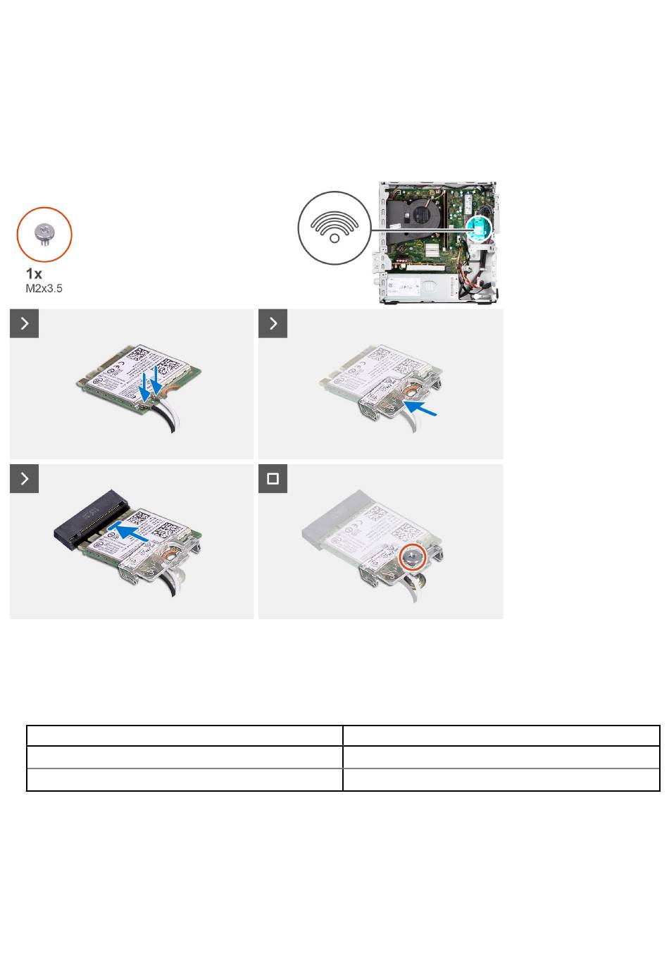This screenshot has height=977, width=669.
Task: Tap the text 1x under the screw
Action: coord(34,274)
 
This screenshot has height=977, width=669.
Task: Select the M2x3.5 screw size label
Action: coord(44,288)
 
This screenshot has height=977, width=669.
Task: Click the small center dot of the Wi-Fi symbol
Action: coord(334,238)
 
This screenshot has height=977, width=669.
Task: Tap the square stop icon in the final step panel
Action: coord(273,478)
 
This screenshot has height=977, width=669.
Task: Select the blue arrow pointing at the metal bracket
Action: coord(420,409)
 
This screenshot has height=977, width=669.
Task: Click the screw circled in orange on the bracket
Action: coord(413,557)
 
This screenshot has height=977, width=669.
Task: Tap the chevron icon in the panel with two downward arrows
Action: coord(25,323)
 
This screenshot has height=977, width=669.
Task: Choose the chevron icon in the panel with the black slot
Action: coord(25,478)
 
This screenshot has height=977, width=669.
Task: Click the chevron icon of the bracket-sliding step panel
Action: coord(273,323)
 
